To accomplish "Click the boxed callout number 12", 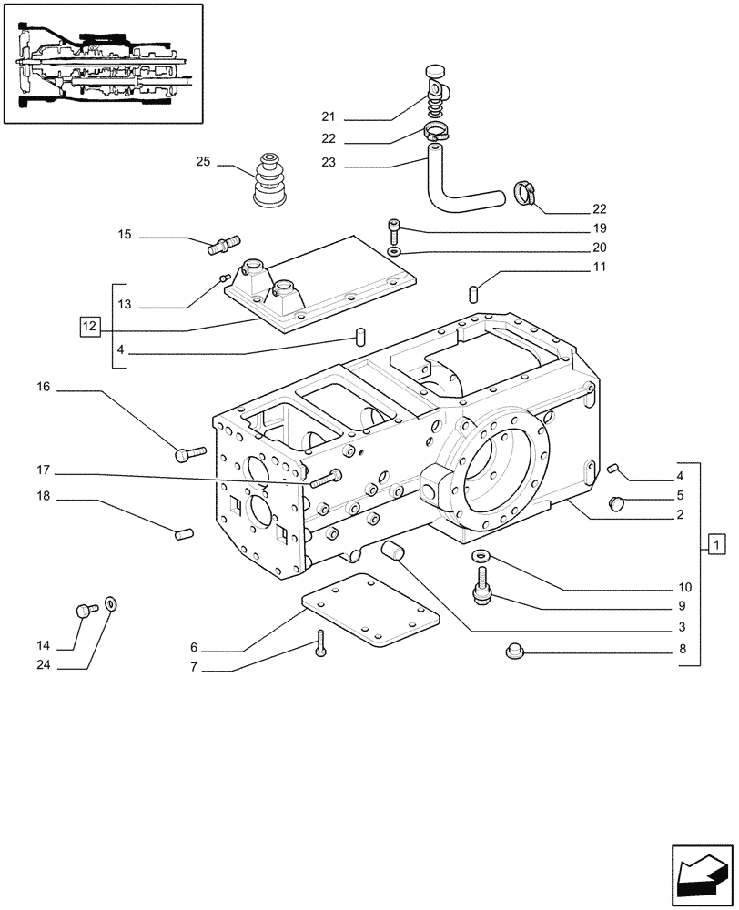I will point(88,325).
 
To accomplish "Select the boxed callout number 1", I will point(717,545).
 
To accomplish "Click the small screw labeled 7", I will point(320,644).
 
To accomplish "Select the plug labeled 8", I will point(514,650).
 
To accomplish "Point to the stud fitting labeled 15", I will point(225,243).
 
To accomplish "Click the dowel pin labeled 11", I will point(473,293).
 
